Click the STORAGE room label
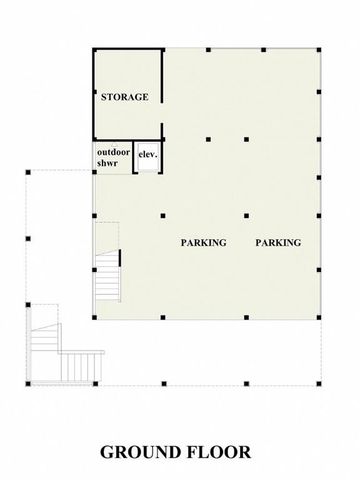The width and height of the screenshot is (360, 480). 125,97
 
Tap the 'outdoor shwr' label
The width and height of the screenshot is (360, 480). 113,157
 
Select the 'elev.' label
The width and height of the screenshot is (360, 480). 148,155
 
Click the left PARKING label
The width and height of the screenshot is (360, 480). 204,242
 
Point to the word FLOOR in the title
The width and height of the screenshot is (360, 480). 223,451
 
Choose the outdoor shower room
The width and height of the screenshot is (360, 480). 113,158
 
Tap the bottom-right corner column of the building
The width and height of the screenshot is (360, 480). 323,320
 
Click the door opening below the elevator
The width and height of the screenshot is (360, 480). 148,174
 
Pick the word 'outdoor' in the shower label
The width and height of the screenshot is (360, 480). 113,151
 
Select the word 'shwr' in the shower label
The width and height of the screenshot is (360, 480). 108,163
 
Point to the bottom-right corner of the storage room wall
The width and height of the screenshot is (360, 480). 162,138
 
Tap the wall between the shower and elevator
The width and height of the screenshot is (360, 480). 134,157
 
